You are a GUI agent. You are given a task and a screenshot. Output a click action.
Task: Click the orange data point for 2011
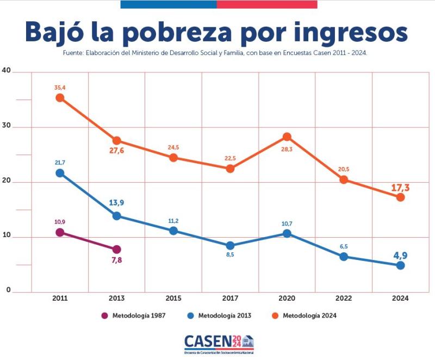point(60,98)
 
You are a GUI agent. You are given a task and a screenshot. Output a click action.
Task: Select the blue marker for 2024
point(400,265)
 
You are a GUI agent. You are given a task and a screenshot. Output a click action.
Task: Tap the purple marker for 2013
point(116,250)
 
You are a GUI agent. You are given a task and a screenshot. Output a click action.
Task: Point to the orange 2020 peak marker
point(287,136)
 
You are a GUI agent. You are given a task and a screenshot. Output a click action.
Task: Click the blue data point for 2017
point(230,246)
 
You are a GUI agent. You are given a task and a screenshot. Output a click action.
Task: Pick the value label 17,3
point(400,188)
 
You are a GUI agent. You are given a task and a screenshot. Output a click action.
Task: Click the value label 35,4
point(60,87)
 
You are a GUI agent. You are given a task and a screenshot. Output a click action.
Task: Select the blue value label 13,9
point(117,203)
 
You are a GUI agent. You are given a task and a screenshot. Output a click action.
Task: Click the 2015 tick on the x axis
point(173,299)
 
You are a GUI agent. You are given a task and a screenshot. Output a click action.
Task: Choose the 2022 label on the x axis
point(344,299)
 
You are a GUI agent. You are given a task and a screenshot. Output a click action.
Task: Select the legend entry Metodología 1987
point(139,315)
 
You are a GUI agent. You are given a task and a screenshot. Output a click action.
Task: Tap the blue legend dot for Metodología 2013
point(190,315)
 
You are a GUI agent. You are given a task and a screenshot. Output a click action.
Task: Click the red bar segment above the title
point(266,4)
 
